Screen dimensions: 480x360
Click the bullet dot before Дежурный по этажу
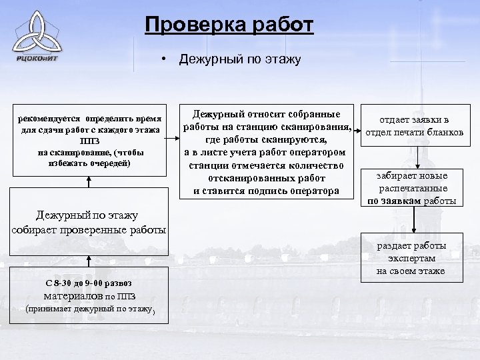(x=162, y=60)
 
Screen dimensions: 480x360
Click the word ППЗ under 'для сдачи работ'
(x=90, y=141)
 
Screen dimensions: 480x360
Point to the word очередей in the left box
(x=108, y=163)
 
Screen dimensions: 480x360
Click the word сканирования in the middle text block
(x=317, y=127)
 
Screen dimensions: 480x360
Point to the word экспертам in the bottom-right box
(x=410, y=258)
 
